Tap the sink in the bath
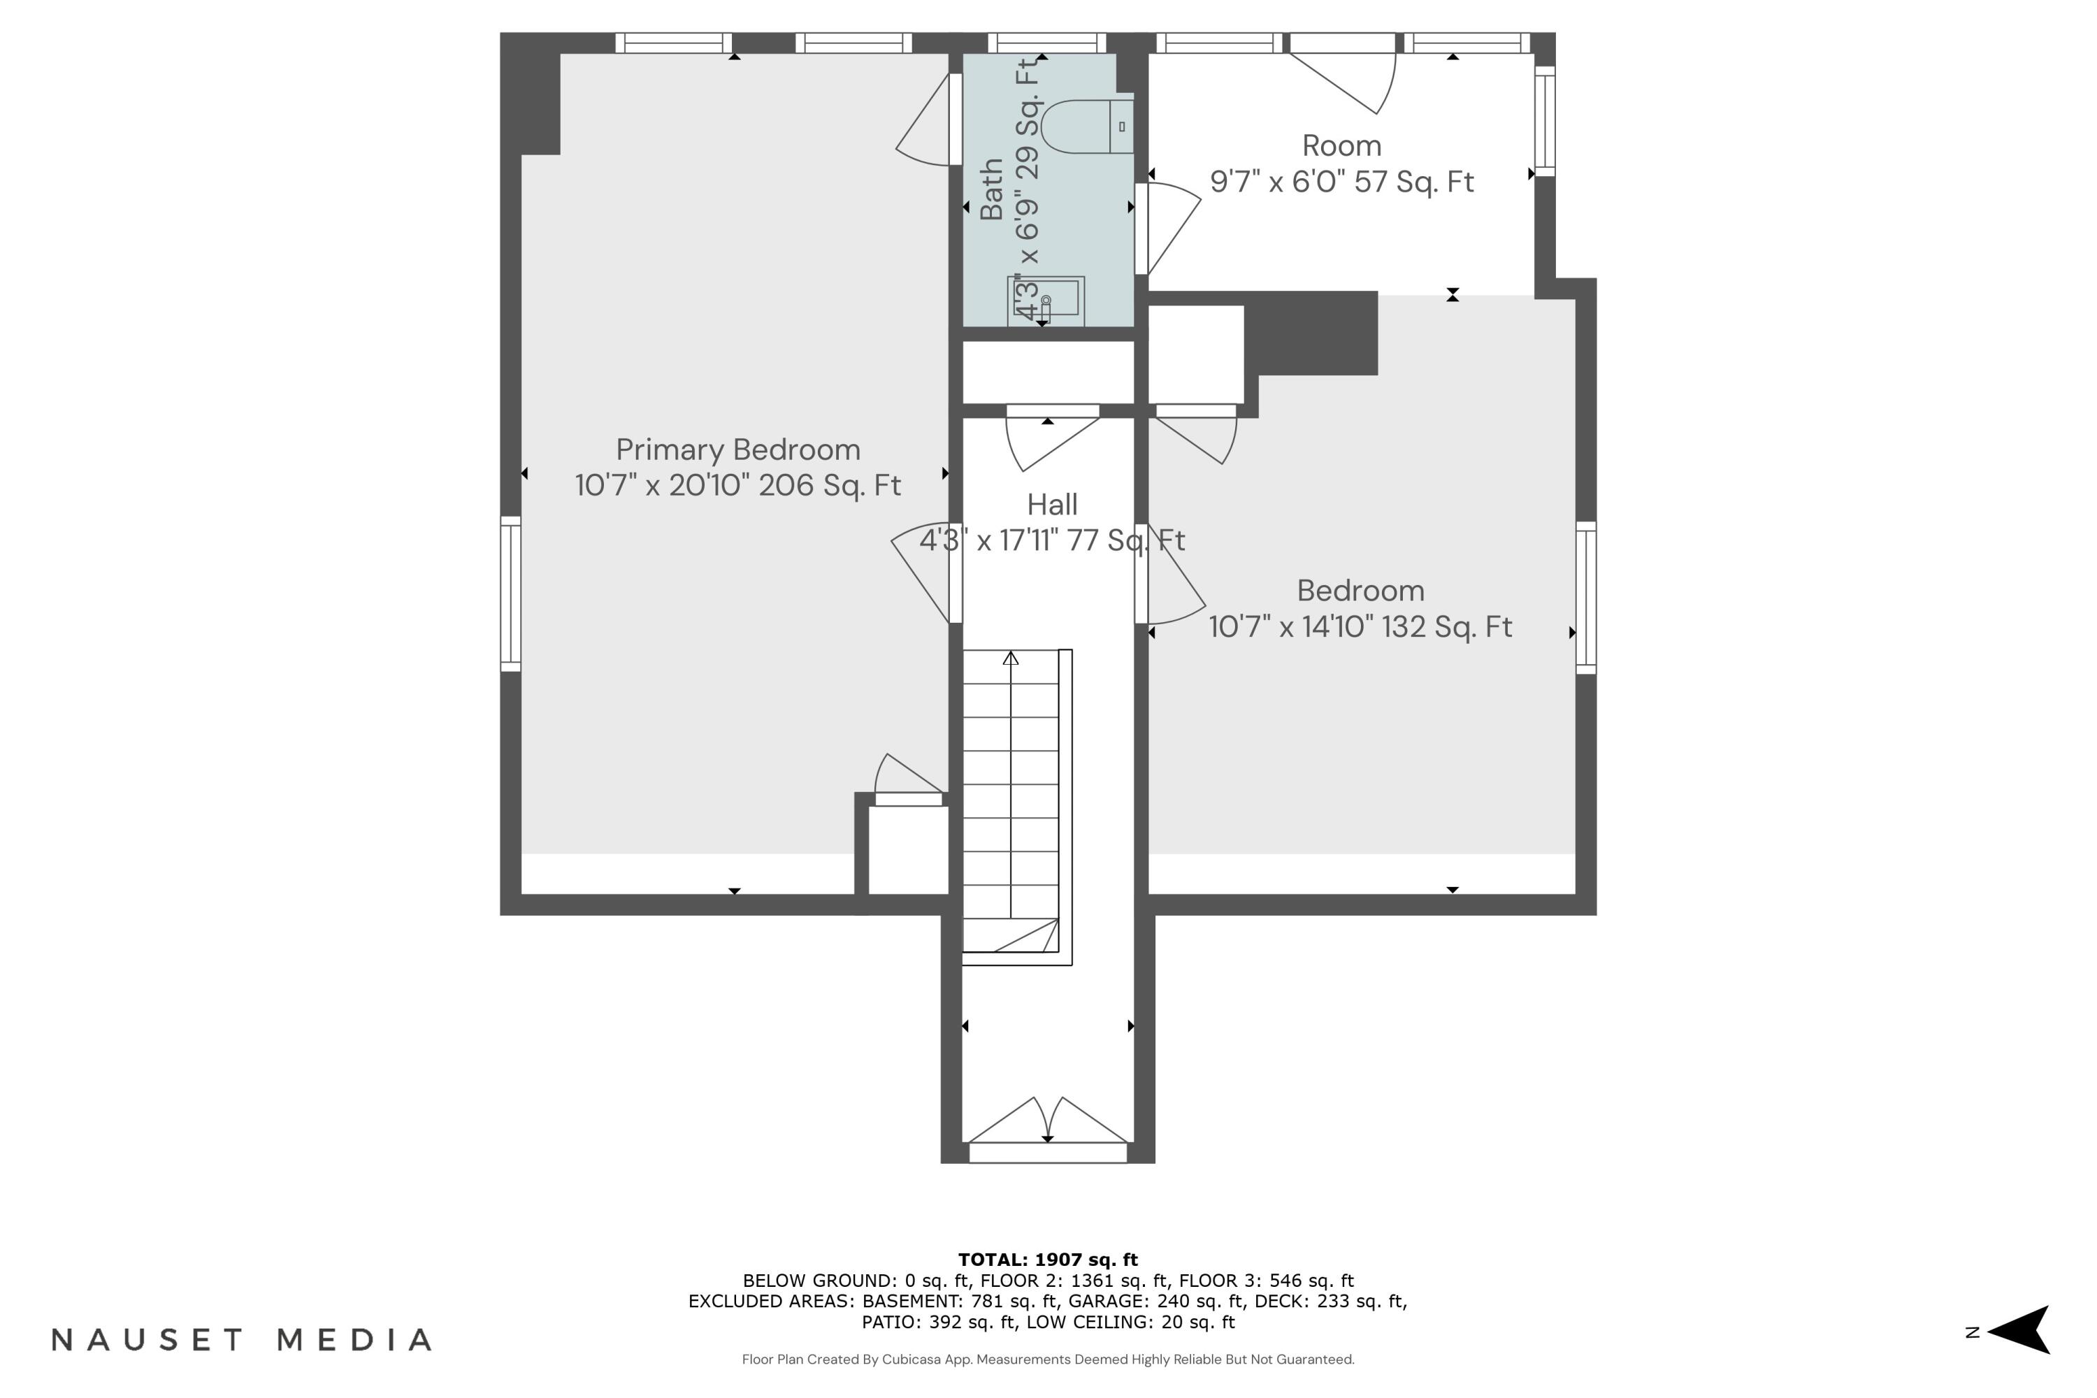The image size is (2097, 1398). pos(1046,301)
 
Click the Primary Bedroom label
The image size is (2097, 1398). pos(737,449)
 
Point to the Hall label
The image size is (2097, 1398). pos(1052,505)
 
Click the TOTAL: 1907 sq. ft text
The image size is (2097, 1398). pos(1048,1259)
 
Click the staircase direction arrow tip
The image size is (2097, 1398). pos(1010,658)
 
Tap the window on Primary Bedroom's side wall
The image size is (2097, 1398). pos(510,593)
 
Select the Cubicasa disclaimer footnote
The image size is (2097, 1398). pos(1048,1360)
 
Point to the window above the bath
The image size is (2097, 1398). pos(1046,42)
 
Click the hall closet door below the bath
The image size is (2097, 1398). pos(1051,437)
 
